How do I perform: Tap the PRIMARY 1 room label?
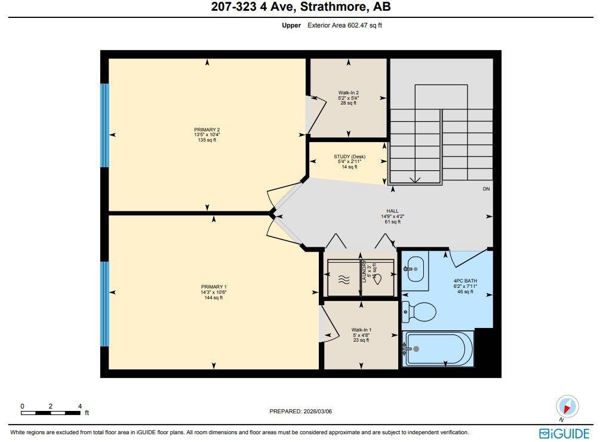tap(213, 287)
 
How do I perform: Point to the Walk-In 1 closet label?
tap(361, 330)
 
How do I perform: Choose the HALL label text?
tap(392, 211)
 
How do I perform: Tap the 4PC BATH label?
tap(465, 281)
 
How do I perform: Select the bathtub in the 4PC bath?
tap(438, 349)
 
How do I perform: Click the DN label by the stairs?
tap(487, 189)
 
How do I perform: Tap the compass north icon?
tap(567, 407)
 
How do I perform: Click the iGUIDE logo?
tap(564, 433)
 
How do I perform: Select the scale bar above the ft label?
tap(51, 412)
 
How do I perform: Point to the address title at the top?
tap(300, 7)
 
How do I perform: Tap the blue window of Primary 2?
tap(105, 125)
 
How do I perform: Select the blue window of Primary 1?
tap(105, 304)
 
